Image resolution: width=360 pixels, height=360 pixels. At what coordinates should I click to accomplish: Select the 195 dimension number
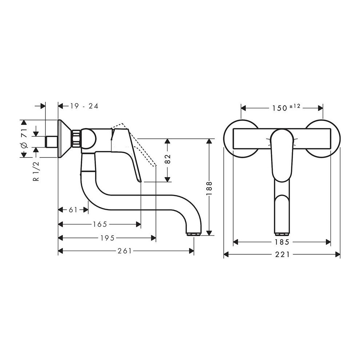pyautogui.click(x=108, y=238)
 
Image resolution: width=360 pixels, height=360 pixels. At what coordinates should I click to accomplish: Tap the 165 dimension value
pyautogui.click(x=100, y=224)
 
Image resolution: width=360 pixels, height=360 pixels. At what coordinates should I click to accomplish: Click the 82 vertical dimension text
pyautogui.click(x=168, y=160)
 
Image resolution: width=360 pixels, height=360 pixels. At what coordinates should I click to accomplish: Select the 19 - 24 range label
pyautogui.click(x=84, y=106)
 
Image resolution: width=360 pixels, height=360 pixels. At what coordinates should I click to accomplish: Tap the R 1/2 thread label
pyautogui.click(x=35, y=171)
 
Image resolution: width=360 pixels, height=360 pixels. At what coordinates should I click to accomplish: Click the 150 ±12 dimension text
pyautogui.click(x=284, y=108)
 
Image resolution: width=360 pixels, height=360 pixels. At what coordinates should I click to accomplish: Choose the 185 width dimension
pyautogui.click(x=282, y=242)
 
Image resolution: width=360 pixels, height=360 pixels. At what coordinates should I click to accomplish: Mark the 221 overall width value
pyautogui.click(x=282, y=255)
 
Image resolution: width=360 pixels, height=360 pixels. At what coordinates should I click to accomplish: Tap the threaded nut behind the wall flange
pyautogui.click(x=76, y=139)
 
